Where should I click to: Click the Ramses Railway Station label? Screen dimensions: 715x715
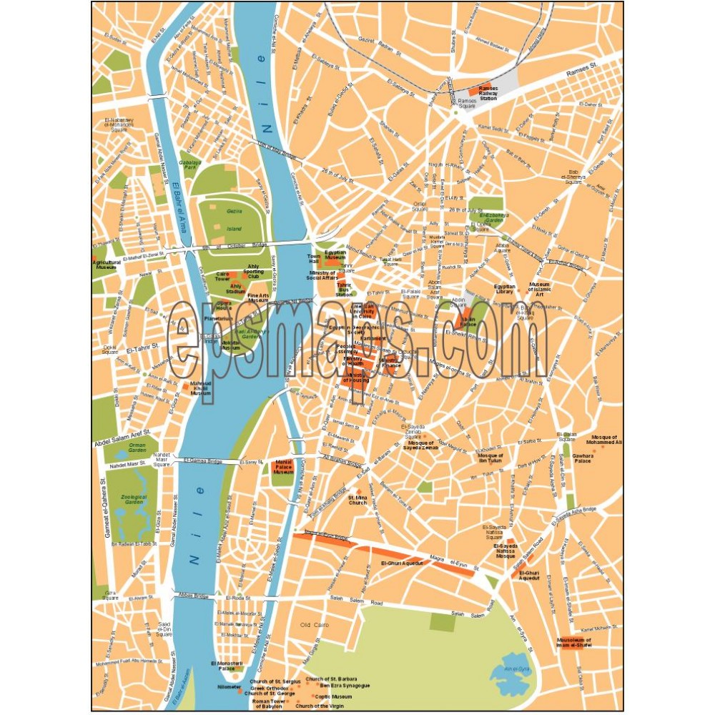pos(488,94)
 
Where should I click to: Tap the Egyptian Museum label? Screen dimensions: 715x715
pos(335,255)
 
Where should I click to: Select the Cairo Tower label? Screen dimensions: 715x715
pos(222,277)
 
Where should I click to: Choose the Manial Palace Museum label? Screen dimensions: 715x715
pos(284,467)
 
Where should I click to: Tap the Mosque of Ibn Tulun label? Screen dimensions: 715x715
pos(490,458)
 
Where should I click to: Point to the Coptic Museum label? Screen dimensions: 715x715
pos(334,696)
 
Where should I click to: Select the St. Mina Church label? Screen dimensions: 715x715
pos(357,499)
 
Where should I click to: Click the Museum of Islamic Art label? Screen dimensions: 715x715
pos(540,289)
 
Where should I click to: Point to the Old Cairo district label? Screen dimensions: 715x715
pos(314,625)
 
